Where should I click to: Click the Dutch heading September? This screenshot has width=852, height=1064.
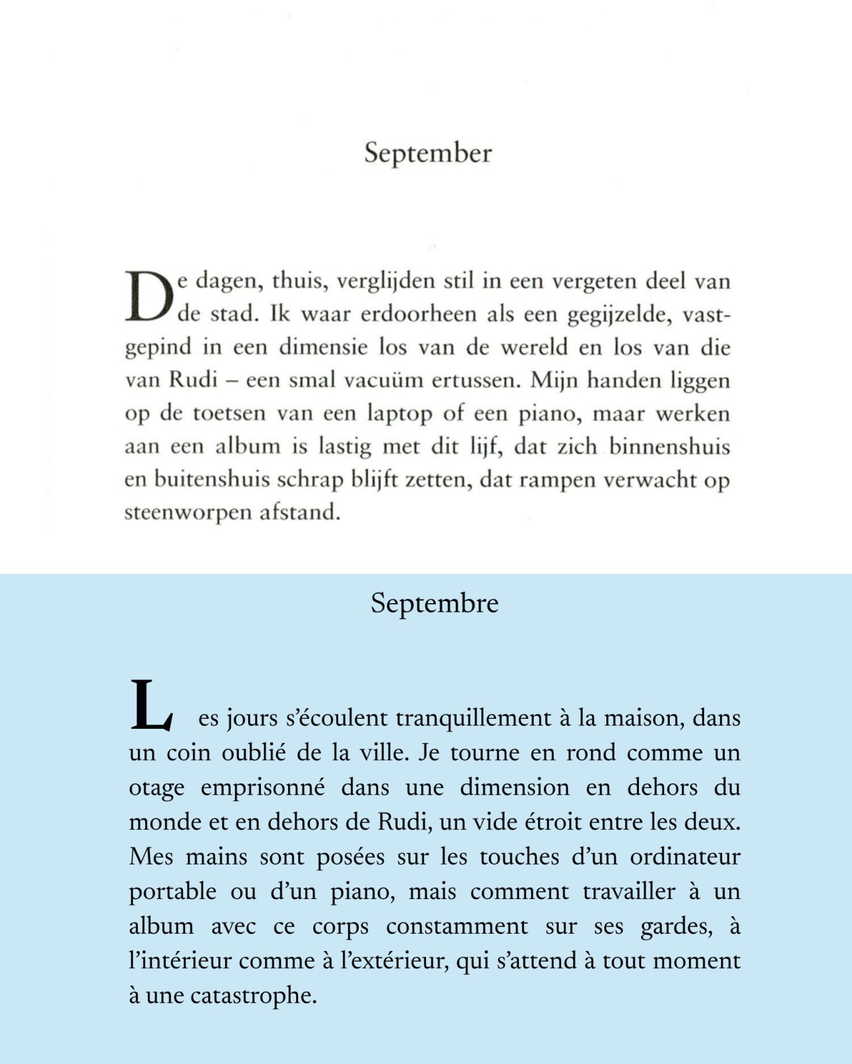pos(428,154)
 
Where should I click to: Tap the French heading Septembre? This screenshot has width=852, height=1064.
pos(435,604)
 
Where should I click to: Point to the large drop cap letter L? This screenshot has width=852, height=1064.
pos(151,705)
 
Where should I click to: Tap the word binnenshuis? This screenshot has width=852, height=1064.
pos(670,446)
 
